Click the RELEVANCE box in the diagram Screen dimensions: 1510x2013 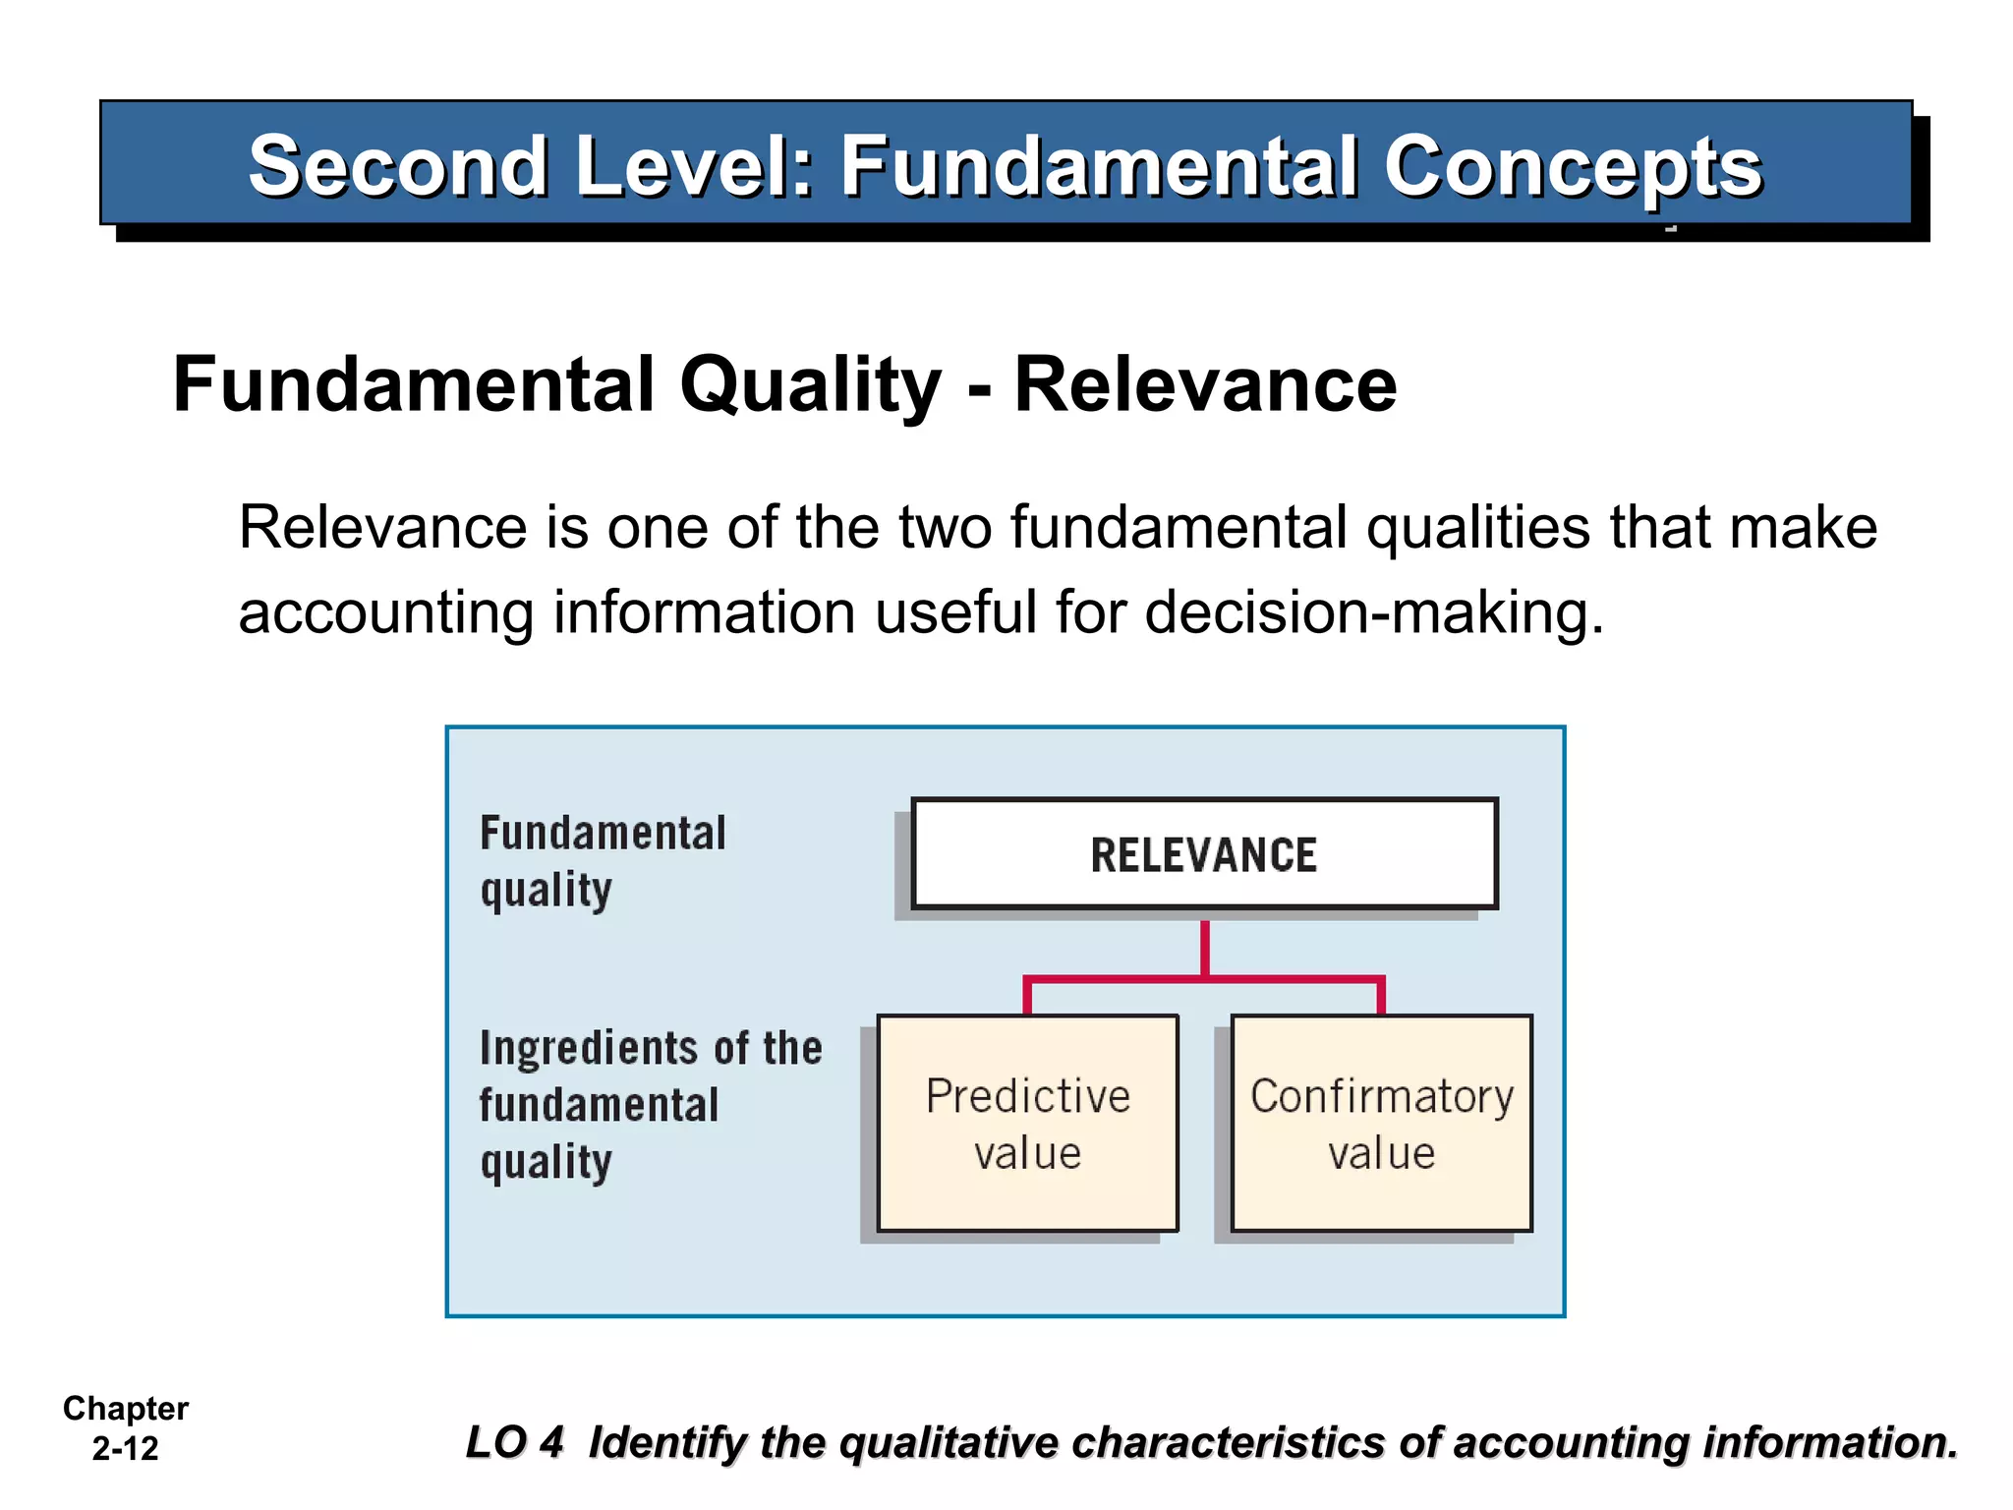pyautogui.click(x=1203, y=853)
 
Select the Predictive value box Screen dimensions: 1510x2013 pyautogui.click(x=1027, y=1123)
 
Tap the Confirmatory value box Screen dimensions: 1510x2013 pyautogui.click(x=1381, y=1123)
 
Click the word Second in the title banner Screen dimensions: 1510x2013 pyautogui.click(x=397, y=167)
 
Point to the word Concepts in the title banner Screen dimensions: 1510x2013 pyautogui.click(x=1573, y=167)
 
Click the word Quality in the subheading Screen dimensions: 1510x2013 pyautogui.click(x=810, y=385)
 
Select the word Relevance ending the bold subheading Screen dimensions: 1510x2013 pyautogui.click(x=1204, y=385)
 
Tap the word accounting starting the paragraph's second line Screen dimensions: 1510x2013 pyautogui.click(x=385, y=612)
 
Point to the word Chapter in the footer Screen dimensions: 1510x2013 pyautogui.click(x=125, y=1409)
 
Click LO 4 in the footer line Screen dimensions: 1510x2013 pyautogui.click(x=514, y=1442)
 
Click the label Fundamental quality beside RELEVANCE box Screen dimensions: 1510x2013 pyautogui.click(x=602, y=861)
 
